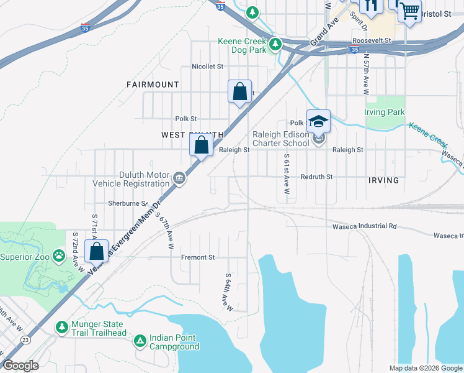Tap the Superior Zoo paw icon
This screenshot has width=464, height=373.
[58, 254]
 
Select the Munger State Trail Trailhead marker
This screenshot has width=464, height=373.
[61, 326]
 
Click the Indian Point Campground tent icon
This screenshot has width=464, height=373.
[140, 340]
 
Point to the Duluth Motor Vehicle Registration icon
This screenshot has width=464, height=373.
[179, 178]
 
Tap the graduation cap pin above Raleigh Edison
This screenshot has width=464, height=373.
[318, 121]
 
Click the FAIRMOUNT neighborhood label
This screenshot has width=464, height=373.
[152, 84]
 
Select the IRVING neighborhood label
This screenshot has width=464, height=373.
[383, 180]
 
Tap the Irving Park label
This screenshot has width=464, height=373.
[384, 113]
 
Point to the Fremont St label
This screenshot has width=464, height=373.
[197, 257]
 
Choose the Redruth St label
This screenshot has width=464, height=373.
[316, 177]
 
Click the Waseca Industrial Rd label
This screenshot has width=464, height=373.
[367, 226]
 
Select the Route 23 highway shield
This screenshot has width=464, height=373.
[25, 339]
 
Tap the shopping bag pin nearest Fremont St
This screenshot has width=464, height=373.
[96, 252]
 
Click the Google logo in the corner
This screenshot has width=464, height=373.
[20, 366]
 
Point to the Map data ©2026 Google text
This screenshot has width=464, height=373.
[425, 368]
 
